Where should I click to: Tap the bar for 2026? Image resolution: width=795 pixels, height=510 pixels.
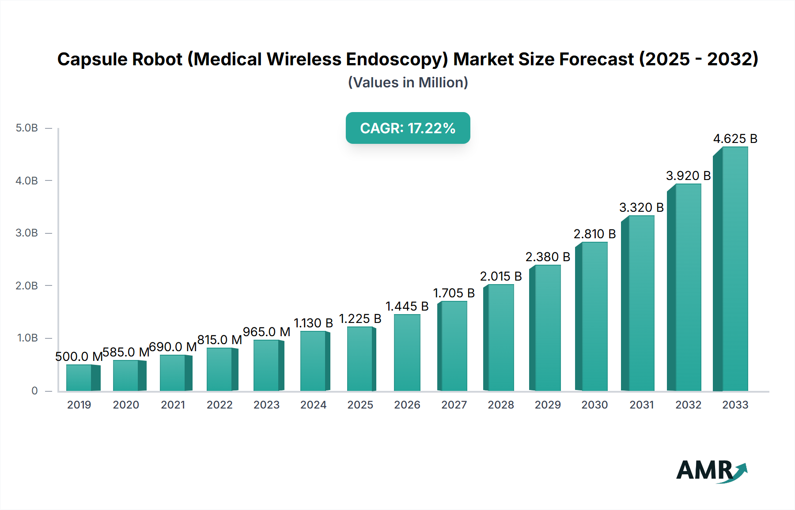coord(407,352)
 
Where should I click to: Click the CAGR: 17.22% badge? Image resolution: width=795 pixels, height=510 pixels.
coord(408,128)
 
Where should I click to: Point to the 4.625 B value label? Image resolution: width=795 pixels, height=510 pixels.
coord(735,139)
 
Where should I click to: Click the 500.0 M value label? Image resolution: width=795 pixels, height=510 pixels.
coord(79,356)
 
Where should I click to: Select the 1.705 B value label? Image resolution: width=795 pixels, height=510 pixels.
coord(454,293)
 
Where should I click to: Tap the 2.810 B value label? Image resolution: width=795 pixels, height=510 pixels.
coord(594,234)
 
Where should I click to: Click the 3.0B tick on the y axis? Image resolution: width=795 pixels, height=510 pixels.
coord(27,233)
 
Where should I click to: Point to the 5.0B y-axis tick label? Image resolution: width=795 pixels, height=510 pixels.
coord(27,128)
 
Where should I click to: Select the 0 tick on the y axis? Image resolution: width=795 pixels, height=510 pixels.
coord(34,390)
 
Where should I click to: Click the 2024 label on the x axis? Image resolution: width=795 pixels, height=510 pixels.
coord(313,405)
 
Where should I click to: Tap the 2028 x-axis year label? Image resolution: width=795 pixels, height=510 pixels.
coord(501,405)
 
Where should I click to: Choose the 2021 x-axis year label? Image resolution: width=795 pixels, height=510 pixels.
coord(173,405)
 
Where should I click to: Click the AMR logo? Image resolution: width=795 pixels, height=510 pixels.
coord(712,471)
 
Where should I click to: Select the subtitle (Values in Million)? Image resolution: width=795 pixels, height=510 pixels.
coord(408,82)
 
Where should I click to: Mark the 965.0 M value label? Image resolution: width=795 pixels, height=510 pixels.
coord(266,332)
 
